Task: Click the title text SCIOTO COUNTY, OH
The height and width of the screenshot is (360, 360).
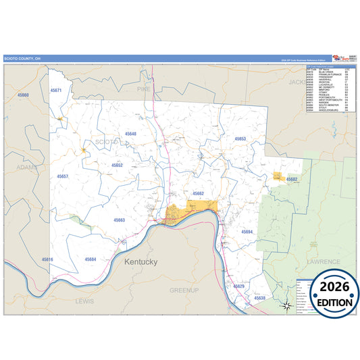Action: (23, 59)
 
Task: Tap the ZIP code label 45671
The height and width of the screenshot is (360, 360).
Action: (56, 90)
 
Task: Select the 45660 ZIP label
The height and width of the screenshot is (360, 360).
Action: (24, 95)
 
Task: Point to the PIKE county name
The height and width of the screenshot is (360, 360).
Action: (143, 88)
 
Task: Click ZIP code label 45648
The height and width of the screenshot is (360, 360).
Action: (130, 134)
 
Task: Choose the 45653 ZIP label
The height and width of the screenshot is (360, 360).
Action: (240, 138)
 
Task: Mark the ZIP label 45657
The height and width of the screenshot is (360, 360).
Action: (63, 176)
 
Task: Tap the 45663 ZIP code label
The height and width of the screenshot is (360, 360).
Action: (119, 220)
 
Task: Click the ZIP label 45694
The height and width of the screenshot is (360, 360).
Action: (247, 232)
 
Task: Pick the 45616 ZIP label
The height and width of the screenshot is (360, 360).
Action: (47, 259)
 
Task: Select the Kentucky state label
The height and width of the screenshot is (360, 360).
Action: (140, 261)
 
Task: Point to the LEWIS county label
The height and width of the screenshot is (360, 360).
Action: (86, 299)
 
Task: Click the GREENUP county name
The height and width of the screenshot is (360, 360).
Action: (184, 290)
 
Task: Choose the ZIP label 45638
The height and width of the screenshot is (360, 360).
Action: (260, 298)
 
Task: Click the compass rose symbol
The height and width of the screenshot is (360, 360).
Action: (286, 306)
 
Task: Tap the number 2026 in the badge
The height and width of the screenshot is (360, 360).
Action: (331, 287)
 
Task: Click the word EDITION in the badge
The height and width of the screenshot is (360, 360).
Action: (331, 303)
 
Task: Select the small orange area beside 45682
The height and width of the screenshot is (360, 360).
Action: (278, 176)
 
